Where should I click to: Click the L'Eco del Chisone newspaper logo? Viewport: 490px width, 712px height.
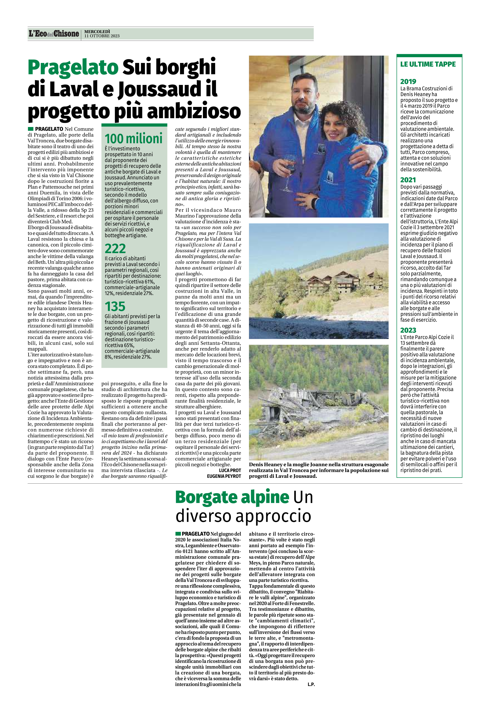tap(54, 34)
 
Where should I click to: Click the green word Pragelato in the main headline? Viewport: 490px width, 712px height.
tap(73, 67)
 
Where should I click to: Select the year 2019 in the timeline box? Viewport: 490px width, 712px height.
tap(408, 81)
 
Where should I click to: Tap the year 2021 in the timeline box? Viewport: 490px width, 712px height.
tap(408, 180)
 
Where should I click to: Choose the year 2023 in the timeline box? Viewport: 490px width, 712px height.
tap(408, 330)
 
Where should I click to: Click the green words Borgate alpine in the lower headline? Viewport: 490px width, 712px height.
tap(232, 497)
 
